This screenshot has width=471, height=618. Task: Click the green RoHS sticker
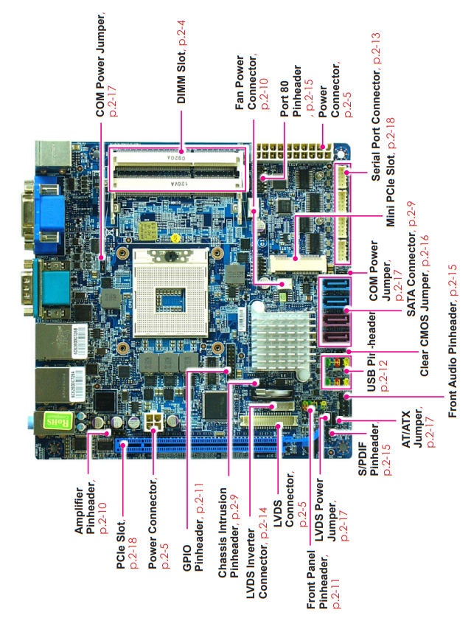pyautogui.click(x=58, y=421)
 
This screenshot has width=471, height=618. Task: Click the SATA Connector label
pyautogui.click(x=411, y=276)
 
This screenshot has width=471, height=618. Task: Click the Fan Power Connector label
pyautogui.click(x=245, y=83)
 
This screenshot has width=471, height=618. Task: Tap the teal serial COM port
pyautogui.click(x=46, y=288)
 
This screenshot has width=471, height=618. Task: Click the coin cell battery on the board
pyautogui.click(x=272, y=391)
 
